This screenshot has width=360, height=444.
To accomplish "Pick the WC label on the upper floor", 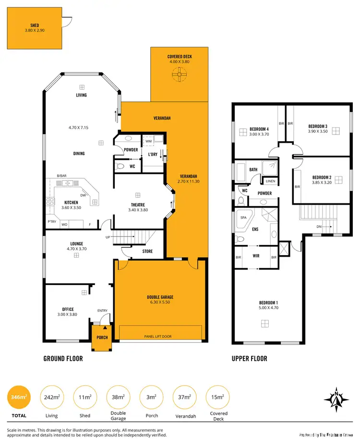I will coord(244,190).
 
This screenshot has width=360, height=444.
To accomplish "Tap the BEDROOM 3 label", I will coord(317,126).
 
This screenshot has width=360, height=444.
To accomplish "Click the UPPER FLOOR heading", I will coord(249,358).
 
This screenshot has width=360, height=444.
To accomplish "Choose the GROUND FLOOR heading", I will coord(63,358).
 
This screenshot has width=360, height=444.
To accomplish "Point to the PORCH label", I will coord(102,337).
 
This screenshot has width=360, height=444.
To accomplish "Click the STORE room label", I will coord(147,251).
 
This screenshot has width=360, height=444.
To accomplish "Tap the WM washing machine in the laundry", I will coord(149,141).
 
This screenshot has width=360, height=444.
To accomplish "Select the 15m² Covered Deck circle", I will coord(218,397).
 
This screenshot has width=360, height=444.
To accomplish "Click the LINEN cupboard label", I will coord(270,181).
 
